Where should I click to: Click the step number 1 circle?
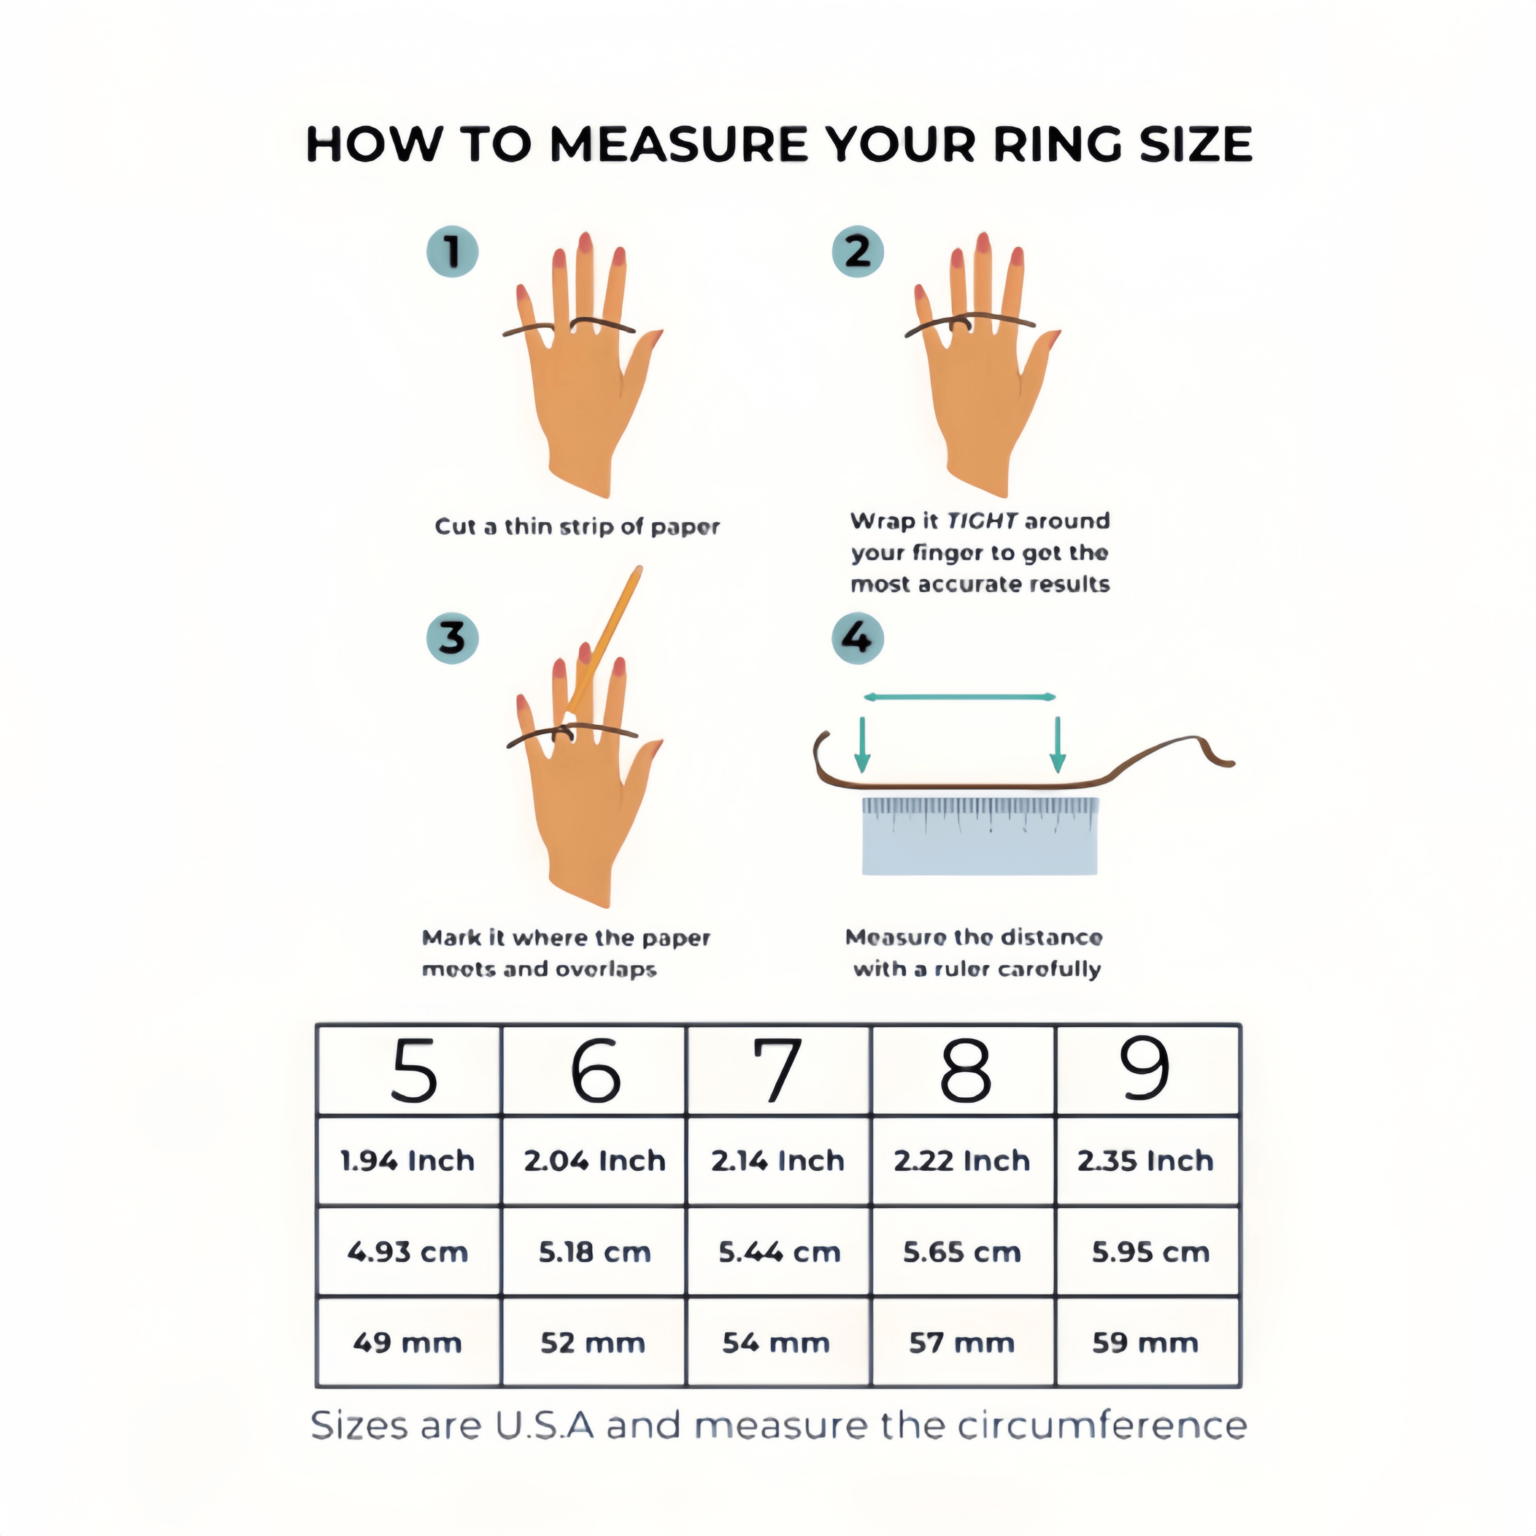452,252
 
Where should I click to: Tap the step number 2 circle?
857,252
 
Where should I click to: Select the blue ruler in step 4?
980,836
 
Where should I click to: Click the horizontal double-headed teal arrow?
960,697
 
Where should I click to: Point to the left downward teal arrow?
862,744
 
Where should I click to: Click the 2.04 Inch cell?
594,1161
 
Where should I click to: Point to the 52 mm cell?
594,1344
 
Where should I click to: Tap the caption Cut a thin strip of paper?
577,527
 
